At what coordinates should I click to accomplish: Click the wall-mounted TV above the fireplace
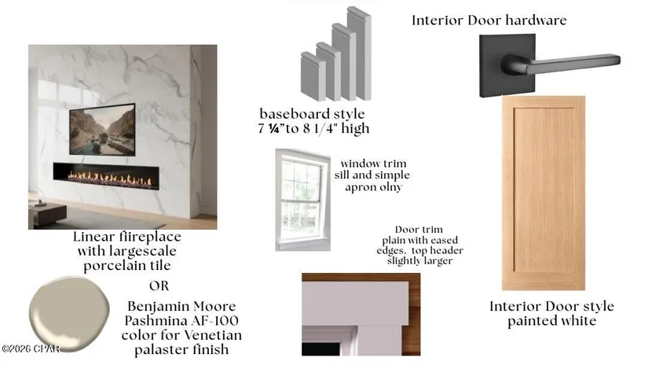(102, 129)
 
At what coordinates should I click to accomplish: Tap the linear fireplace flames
(110, 179)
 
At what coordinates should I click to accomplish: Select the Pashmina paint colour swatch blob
(69, 314)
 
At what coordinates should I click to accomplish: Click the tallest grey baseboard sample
(359, 53)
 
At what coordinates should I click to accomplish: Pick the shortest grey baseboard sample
(313, 76)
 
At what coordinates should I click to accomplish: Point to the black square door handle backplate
(507, 65)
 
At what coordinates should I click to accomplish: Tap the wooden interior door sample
(544, 193)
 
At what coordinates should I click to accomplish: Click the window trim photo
(303, 200)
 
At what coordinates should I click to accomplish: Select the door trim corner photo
(361, 314)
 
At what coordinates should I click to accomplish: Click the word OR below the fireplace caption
(159, 286)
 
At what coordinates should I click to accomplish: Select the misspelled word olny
(391, 187)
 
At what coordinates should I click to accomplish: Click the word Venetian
(212, 335)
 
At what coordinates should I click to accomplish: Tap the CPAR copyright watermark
(31, 348)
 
